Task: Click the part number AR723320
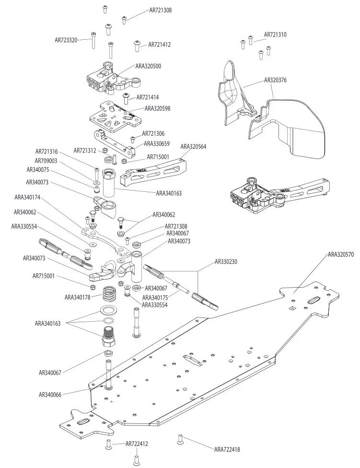[x=66, y=40]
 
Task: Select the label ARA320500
[x=148, y=66]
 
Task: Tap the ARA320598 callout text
[x=157, y=108]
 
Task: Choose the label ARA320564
[x=193, y=147]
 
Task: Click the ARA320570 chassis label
[x=341, y=255]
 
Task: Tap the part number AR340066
[x=51, y=394]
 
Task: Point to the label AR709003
[x=46, y=161]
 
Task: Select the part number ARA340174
[x=27, y=197]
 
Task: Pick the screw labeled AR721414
[x=127, y=99]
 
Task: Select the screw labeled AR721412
[x=138, y=45]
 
